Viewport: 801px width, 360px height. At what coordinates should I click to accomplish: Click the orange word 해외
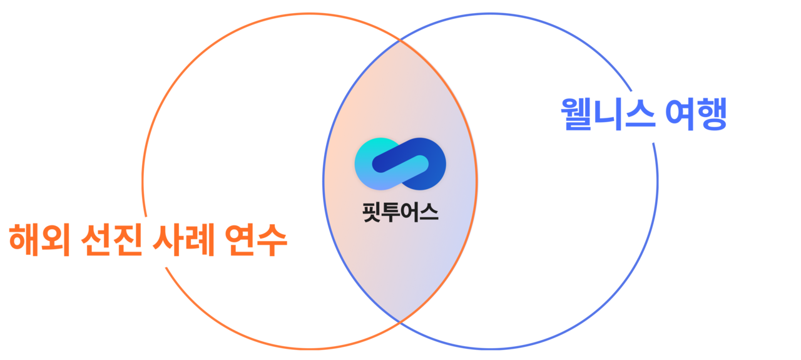click(38, 240)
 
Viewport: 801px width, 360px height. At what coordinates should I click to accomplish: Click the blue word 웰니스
click(608, 115)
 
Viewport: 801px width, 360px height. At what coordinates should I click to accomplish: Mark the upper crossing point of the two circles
click(400, 41)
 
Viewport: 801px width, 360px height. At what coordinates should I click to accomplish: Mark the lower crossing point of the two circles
click(400, 321)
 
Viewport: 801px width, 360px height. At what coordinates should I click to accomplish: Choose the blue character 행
click(713, 115)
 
